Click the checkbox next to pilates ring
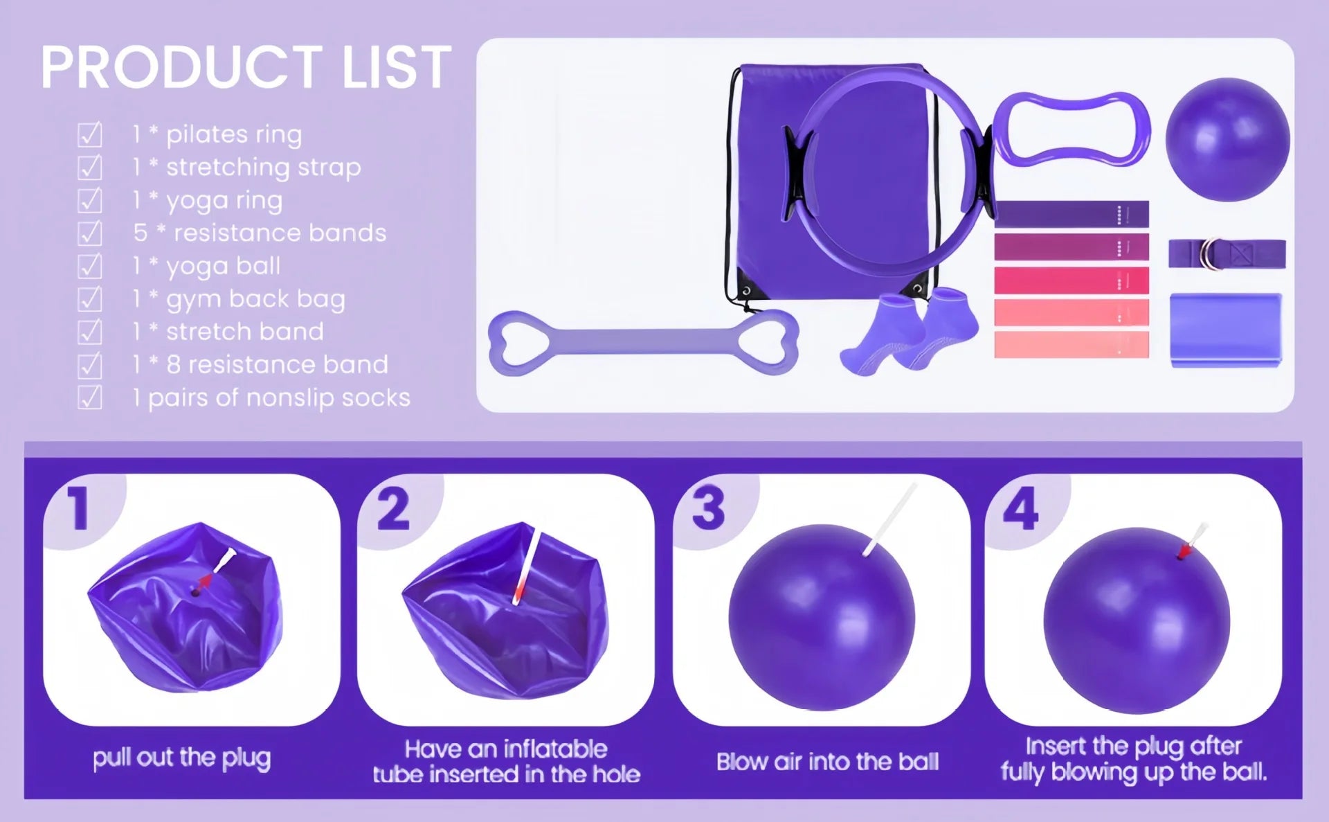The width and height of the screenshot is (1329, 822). pyautogui.click(x=90, y=134)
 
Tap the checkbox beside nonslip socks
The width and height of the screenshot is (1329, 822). pyautogui.click(x=90, y=397)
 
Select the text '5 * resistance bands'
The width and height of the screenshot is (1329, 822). pyautogui.click(x=260, y=233)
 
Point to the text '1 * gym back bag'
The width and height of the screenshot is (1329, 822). pyautogui.click(x=239, y=299)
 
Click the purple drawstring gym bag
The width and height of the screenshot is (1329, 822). pyautogui.click(x=768, y=208)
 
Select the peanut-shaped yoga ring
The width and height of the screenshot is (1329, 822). pyautogui.click(x=1072, y=129)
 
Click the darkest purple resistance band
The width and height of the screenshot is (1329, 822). pyautogui.click(x=1071, y=214)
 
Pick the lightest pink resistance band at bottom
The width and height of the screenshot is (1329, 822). pyautogui.click(x=1071, y=345)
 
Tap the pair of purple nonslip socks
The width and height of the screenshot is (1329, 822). pyautogui.click(x=910, y=332)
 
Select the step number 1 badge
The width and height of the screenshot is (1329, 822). pyautogui.click(x=79, y=509)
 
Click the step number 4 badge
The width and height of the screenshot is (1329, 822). pyautogui.click(x=1020, y=509)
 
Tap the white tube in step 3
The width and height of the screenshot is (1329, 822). pyautogui.click(x=890, y=519)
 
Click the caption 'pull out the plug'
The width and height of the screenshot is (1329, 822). pyautogui.click(x=181, y=758)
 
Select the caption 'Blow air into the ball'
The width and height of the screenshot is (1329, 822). pyautogui.click(x=827, y=762)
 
